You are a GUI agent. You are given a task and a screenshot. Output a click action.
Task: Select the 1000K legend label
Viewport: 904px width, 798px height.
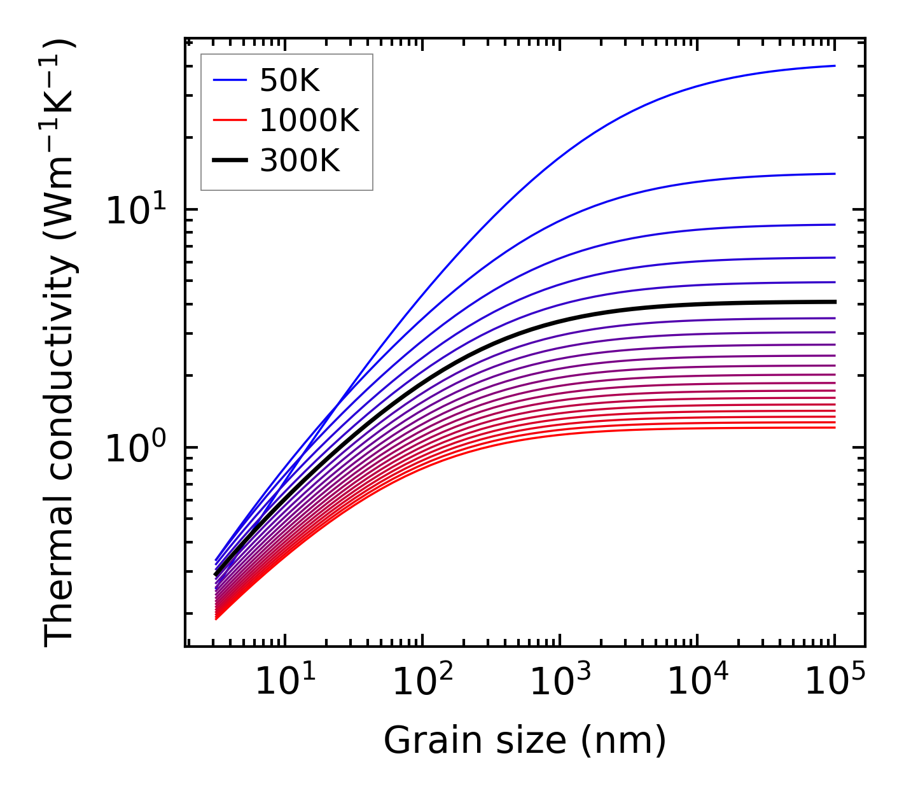309,120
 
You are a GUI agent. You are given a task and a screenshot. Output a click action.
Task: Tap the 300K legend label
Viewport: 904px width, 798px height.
300,161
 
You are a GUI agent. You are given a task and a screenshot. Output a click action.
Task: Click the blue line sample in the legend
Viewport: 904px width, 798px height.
229,80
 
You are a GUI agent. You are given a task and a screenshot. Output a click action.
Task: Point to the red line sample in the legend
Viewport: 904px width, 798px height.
229,120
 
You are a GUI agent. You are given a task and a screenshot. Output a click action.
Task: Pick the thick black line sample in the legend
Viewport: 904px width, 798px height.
229,161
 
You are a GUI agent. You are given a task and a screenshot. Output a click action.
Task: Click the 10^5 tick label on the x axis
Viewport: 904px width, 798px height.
833,683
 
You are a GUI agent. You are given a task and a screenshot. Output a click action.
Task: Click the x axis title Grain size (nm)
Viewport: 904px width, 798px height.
525,741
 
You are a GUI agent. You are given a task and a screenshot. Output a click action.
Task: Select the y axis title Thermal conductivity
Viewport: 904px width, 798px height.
60,344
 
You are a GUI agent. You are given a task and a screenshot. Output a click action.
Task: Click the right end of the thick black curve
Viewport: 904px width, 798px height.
834,302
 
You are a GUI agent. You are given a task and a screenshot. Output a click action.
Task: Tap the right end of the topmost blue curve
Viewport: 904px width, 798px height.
834,66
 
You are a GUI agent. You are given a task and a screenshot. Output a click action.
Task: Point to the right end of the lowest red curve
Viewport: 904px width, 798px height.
834,427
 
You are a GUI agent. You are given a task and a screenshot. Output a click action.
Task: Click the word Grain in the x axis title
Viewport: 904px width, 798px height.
420,741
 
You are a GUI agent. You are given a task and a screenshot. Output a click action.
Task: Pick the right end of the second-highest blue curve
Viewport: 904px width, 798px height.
834,174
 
